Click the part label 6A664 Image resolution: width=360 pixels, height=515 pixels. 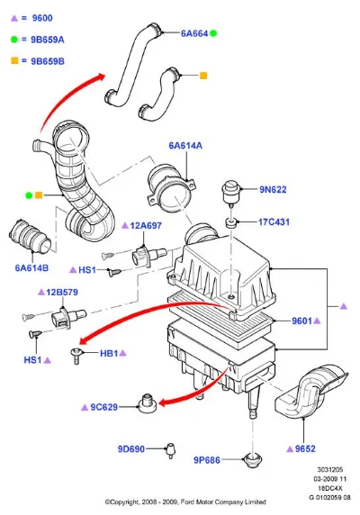(194, 33)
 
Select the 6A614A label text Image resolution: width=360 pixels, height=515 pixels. (185, 146)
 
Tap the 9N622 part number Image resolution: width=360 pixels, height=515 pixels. (273, 189)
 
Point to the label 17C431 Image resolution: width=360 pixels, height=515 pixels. (274, 222)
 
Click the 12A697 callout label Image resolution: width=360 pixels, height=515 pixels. (146, 226)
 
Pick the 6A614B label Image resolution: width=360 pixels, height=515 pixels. (31, 268)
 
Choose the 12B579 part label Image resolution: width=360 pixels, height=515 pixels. (62, 292)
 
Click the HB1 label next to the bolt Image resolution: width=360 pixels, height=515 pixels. (109, 354)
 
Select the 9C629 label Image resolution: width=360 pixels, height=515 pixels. (103, 407)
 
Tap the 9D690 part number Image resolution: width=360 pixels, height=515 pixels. (131, 449)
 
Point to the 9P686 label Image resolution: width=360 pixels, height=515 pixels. (207, 460)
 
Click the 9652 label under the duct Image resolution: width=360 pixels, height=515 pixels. (305, 449)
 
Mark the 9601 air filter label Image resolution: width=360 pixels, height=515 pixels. (301, 321)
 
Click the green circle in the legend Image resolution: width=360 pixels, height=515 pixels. (14, 40)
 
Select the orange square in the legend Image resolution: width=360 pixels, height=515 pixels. (14, 60)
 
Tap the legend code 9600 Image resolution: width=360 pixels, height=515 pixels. (42, 18)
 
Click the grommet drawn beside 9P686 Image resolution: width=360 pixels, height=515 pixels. (253, 460)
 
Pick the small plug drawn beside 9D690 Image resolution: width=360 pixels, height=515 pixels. (171, 450)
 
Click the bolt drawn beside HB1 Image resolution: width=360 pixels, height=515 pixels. (76, 356)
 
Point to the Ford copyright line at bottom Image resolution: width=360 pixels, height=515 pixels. (185, 501)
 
